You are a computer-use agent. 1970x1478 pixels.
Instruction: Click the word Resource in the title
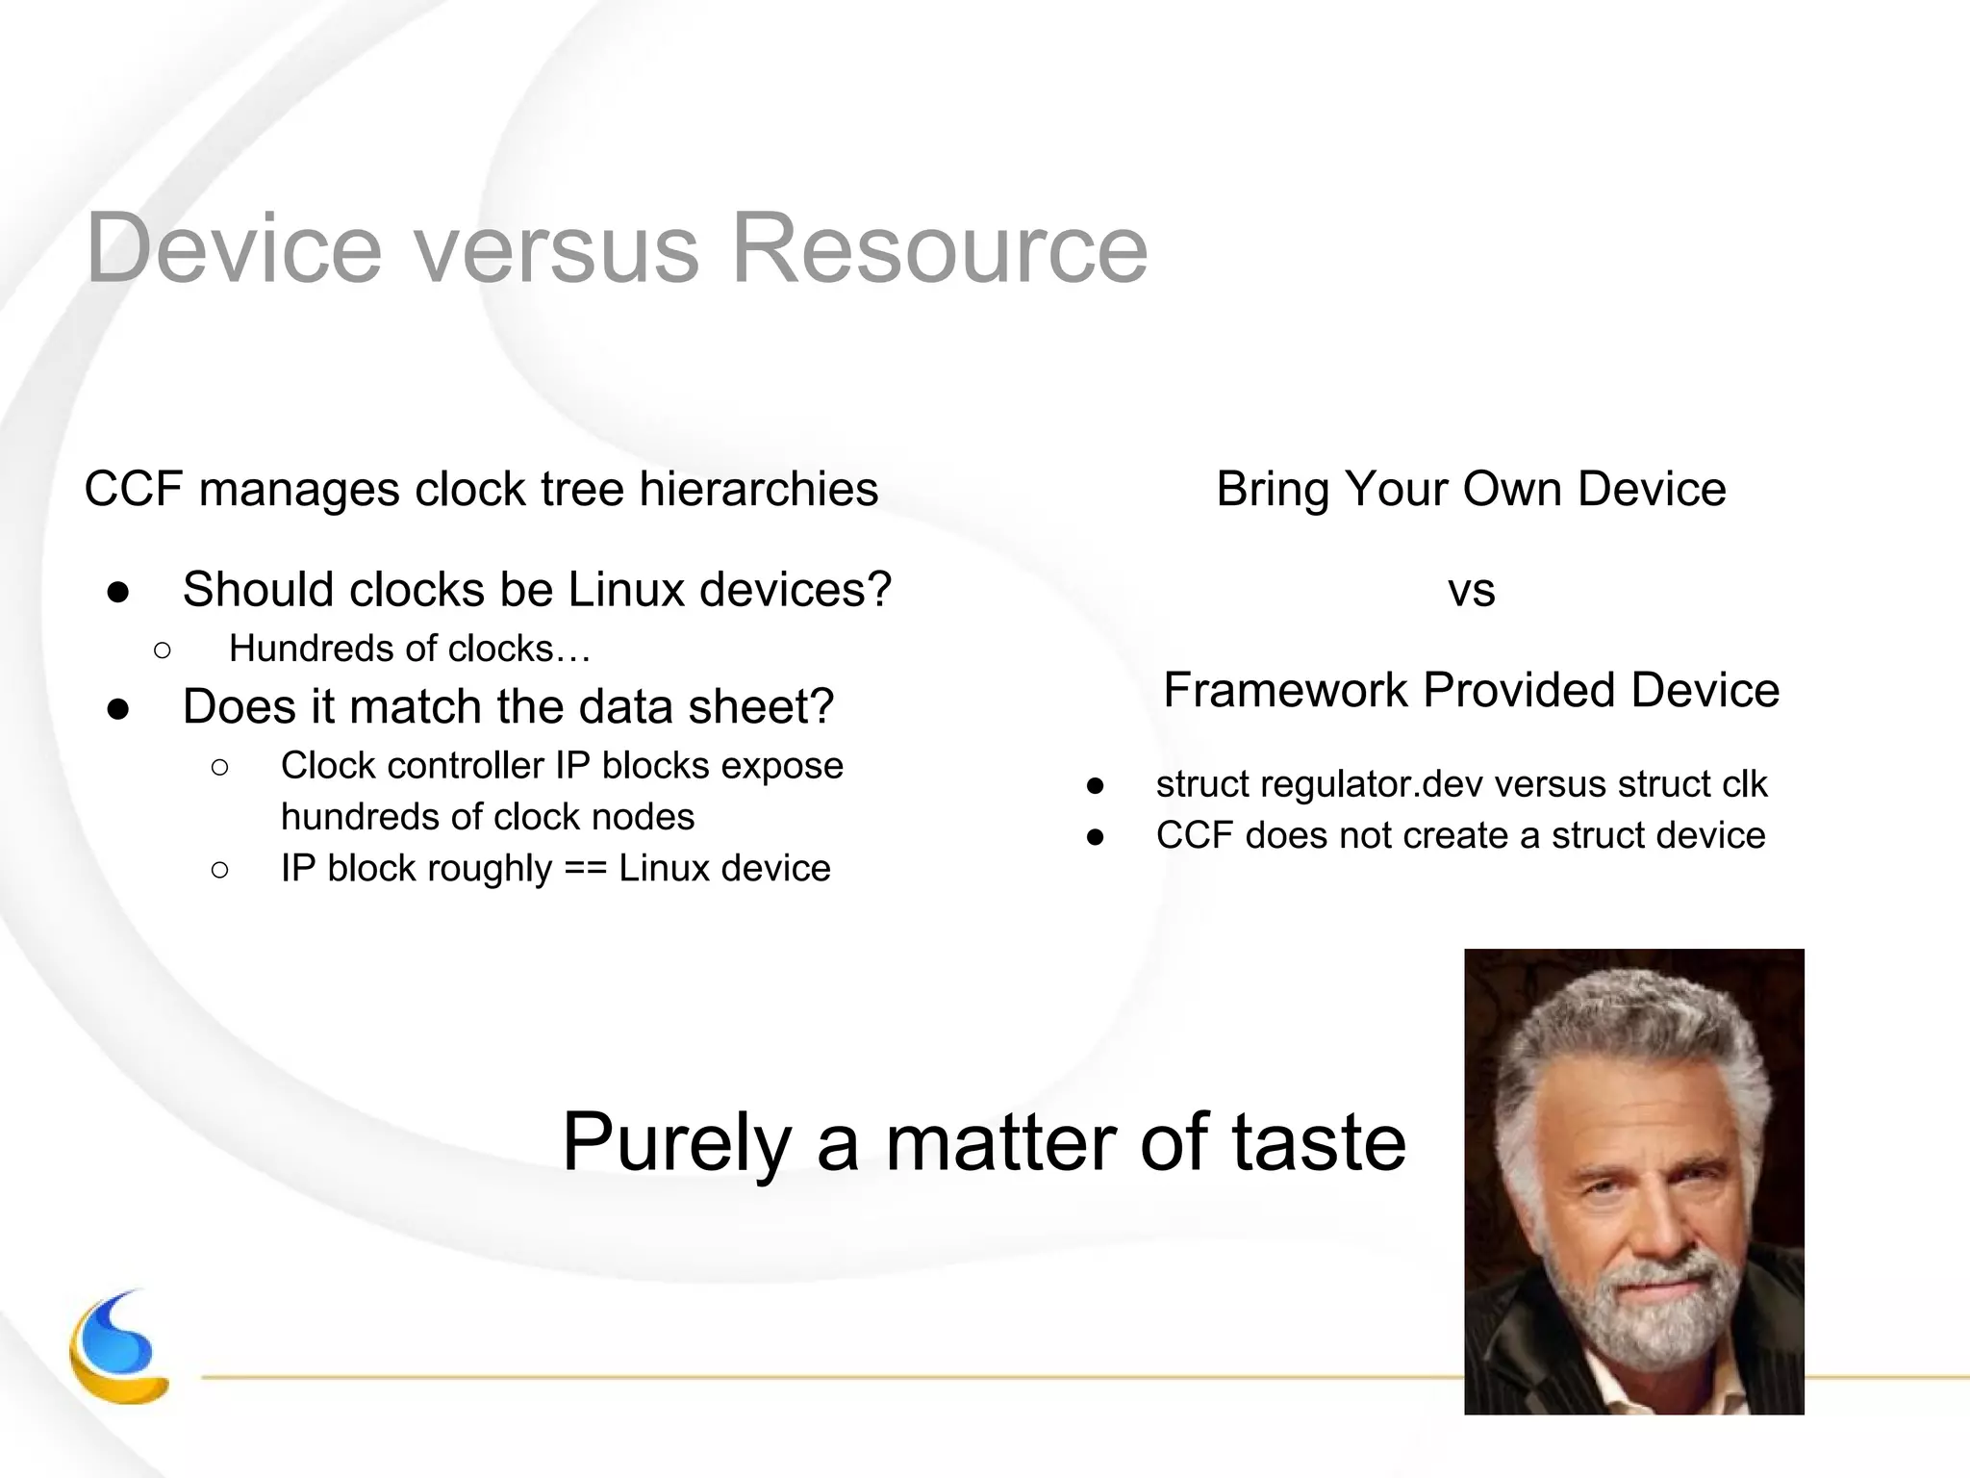point(939,249)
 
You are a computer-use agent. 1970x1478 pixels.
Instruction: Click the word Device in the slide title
point(234,249)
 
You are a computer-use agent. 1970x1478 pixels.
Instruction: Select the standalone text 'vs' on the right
point(1471,591)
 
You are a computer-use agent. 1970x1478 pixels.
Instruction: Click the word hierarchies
point(758,489)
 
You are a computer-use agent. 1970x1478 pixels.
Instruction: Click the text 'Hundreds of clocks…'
point(410,649)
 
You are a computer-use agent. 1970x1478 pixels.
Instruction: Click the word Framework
point(1284,690)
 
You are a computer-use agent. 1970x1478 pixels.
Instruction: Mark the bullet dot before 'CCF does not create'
point(1095,837)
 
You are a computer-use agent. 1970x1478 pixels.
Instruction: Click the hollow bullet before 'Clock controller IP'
point(219,767)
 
